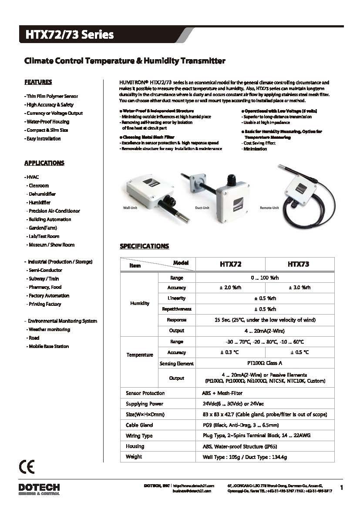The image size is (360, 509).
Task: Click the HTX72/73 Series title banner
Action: point(70,35)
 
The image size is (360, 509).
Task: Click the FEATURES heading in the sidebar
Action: point(38,82)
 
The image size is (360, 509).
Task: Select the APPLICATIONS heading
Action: point(44,163)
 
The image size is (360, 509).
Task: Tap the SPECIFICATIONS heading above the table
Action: point(144,246)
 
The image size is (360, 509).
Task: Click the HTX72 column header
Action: point(230,264)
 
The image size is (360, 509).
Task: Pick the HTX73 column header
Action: point(299,264)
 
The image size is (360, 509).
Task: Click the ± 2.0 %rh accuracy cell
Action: point(230,288)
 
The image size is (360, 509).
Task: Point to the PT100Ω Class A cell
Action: point(265,363)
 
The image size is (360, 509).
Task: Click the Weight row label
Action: point(134,457)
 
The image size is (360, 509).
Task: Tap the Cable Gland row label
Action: point(139,425)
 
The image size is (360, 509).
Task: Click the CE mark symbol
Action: point(27,467)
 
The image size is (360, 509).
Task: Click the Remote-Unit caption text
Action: point(269,208)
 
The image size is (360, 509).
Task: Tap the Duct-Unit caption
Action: point(202,208)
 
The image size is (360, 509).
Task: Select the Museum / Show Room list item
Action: point(51,245)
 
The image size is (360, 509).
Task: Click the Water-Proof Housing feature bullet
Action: point(47,122)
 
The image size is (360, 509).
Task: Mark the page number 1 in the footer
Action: point(341,488)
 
